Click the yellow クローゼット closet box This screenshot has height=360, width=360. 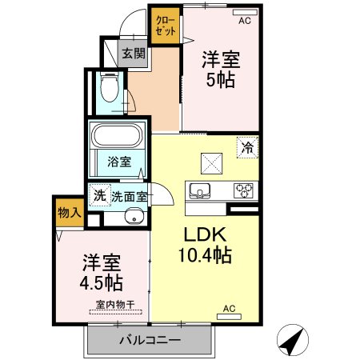[164, 25]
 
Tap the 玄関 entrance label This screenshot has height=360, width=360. [134, 54]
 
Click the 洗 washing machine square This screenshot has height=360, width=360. [99, 195]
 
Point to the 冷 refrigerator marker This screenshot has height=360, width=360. [247, 147]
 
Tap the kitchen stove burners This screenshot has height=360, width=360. [243, 190]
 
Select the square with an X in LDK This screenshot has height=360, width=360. [210, 162]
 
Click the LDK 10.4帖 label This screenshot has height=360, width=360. [204, 246]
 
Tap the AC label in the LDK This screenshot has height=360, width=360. [229, 309]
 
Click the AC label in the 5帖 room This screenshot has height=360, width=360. [245, 21]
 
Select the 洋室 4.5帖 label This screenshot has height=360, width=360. [102, 272]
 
